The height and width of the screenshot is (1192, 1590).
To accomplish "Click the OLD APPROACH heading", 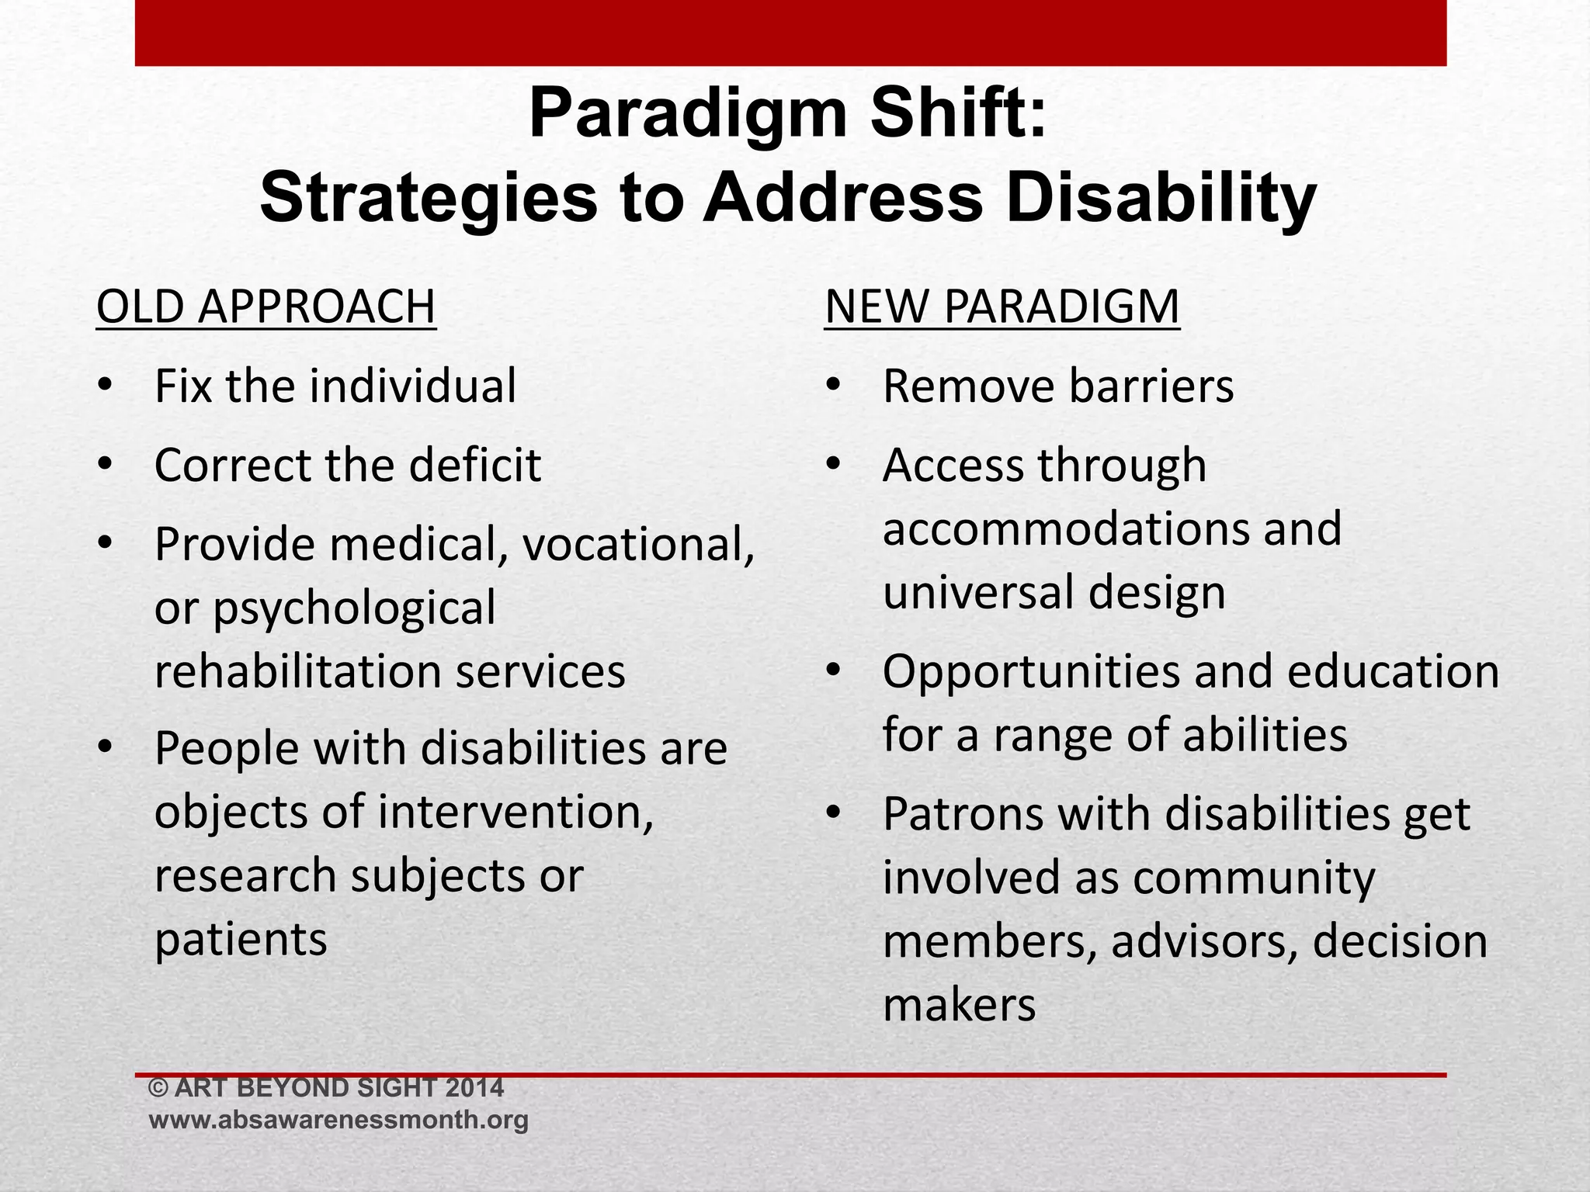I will (x=266, y=307).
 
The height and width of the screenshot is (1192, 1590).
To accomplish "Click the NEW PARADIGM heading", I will (x=1002, y=307).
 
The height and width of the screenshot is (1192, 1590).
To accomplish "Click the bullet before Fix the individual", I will (x=106, y=386).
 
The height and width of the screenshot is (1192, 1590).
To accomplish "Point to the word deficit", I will (x=474, y=465).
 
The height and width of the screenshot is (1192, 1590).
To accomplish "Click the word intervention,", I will (x=516, y=812).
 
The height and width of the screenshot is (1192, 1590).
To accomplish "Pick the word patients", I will (x=241, y=940).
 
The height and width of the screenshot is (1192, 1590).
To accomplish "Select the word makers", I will (x=959, y=1005).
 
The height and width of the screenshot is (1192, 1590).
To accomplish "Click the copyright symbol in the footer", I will (x=158, y=1088).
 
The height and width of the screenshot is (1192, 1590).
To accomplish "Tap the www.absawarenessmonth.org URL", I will (x=338, y=1120).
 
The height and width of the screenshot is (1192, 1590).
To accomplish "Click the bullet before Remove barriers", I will (x=834, y=386).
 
